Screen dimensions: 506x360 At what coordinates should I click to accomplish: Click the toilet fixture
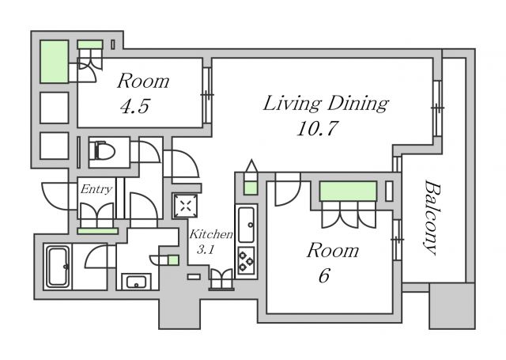[x=104, y=151]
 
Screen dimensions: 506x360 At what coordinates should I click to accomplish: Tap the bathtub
[x=58, y=267]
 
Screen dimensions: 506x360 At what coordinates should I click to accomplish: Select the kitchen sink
[x=246, y=224]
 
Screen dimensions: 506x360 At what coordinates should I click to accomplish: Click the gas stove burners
[x=246, y=260]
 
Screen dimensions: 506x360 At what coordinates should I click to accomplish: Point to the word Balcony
[x=432, y=218]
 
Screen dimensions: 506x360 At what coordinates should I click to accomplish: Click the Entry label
[x=96, y=189]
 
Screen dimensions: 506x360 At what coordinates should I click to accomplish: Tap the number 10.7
[x=317, y=128]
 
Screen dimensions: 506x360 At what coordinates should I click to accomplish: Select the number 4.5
[x=134, y=106]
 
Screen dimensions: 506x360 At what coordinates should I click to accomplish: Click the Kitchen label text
[x=211, y=234]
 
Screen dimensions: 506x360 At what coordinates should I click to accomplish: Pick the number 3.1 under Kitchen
[x=206, y=249]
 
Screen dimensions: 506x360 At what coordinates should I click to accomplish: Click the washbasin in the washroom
[x=136, y=282]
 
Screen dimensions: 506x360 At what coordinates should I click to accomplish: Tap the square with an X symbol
[x=186, y=206]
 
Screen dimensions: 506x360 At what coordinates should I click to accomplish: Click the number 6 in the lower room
[x=324, y=275]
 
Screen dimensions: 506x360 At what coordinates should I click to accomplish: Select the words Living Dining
[x=326, y=104]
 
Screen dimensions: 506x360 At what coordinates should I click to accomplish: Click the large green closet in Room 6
[x=348, y=191]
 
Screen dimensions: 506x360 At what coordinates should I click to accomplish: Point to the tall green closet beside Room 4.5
[x=55, y=62]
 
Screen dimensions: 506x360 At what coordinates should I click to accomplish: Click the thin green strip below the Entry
[x=98, y=231]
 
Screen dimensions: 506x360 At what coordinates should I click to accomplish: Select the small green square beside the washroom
[x=173, y=260]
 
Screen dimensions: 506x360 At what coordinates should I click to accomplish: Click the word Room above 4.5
[x=143, y=81]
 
